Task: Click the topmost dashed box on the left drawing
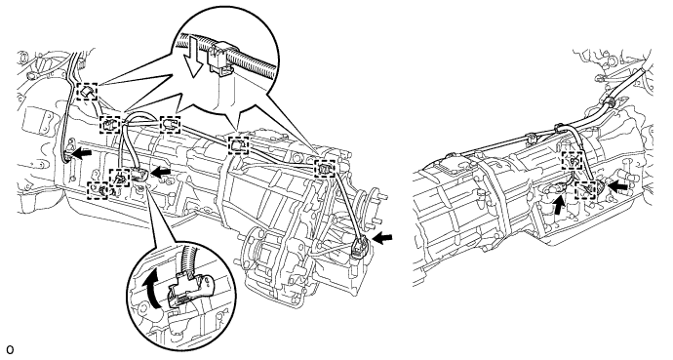(87, 92)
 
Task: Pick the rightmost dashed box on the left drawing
(324, 168)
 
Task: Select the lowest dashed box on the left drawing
(98, 190)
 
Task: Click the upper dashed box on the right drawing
(573, 160)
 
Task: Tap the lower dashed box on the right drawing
(585, 190)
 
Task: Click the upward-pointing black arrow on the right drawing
(559, 205)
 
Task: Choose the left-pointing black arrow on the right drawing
(618, 186)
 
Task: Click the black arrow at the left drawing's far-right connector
(382, 239)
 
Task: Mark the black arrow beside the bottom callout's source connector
(161, 173)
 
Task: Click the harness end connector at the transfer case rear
(359, 249)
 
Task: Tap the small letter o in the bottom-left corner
(10, 349)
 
